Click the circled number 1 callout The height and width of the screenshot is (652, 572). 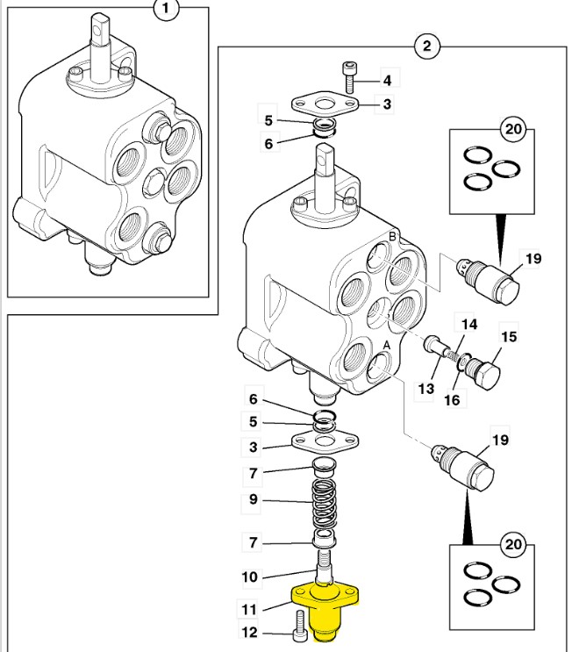[x=167, y=8]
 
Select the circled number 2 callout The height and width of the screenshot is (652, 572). [x=427, y=46]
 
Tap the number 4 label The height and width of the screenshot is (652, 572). [x=387, y=80]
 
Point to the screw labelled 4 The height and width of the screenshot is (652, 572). [x=349, y=78]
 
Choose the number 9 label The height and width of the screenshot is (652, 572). [x=254, y=499]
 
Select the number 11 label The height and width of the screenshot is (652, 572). [x=249, y=609]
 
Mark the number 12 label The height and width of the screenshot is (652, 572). [x=249, y=632]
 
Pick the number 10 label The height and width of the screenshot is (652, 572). [x=249, y=577]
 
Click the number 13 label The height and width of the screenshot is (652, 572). [x=426, y=389]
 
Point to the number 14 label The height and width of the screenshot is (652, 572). [x=469, y=325]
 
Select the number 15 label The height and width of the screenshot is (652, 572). [x=509, y=336]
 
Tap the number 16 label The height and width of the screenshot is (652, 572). [x=453, y=400]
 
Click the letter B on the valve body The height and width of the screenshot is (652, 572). [x=392, y=237]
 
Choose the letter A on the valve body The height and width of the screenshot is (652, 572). [x=387, y=346]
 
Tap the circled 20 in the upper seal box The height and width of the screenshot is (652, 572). [x=513, y=129]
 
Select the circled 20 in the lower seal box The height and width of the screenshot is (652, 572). [x=513, y=544]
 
